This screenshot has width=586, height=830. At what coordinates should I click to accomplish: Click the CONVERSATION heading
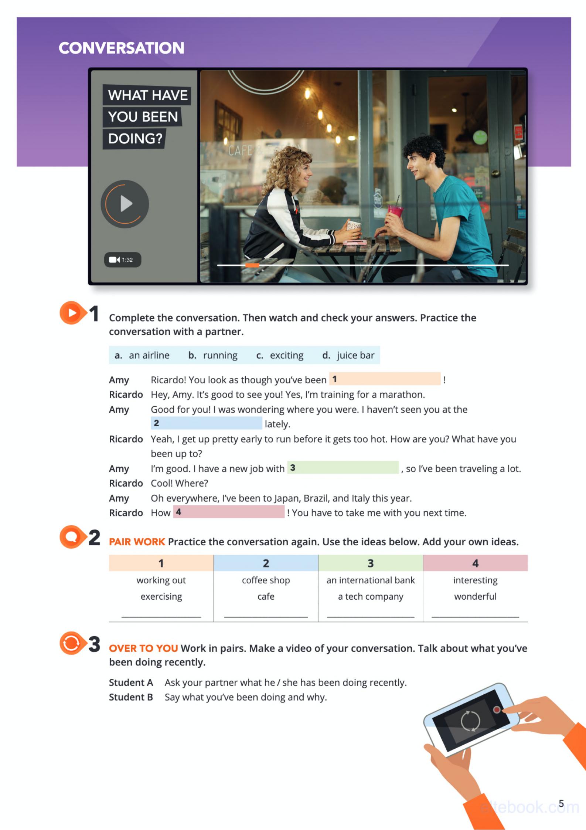[121, 48]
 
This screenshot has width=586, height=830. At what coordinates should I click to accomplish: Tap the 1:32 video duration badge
[122, 260]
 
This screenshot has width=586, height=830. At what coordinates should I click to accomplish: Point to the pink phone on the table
[355, 242]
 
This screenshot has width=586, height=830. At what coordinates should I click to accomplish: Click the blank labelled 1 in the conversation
[385, 379]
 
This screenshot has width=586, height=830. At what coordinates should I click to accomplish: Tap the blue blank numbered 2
[206, 423]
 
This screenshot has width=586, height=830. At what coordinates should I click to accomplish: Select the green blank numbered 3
[343, 468]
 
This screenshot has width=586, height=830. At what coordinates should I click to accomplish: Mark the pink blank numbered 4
[229, 512]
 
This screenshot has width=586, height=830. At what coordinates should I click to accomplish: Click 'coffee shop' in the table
[266, 580]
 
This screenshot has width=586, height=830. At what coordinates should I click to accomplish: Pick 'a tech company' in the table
[370, 596]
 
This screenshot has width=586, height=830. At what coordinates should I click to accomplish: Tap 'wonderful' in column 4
[475, 596]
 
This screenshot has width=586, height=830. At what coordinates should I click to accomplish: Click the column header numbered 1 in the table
[161, 563]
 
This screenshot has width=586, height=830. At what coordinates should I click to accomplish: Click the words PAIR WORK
[137, 542]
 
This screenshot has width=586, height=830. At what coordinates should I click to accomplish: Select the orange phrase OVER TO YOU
[143, 648]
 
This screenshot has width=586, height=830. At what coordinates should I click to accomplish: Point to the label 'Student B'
[131, 697]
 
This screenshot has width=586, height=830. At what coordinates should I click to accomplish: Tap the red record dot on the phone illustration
[497, 709]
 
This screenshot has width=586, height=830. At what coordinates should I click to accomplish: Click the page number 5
[561, 804]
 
